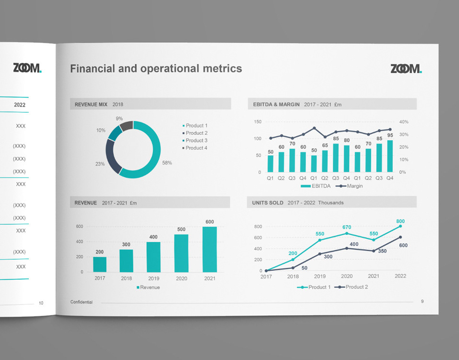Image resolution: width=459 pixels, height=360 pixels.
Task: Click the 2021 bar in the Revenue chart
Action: pos(210,249)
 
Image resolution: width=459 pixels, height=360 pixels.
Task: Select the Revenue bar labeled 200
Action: pos(100,264)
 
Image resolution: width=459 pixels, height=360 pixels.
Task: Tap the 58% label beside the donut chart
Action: pos(167,163)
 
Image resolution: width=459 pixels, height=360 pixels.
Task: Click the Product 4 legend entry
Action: pos(195,148)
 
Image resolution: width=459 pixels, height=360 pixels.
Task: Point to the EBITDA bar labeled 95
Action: pos(390,156)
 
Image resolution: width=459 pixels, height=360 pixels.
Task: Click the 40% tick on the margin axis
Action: pos(404,122)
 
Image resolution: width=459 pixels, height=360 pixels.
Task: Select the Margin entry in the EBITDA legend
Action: pos(349,186)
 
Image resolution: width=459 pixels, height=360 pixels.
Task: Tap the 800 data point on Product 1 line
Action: pos(400,226)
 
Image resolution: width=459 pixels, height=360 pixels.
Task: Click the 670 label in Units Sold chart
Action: pos(347,228)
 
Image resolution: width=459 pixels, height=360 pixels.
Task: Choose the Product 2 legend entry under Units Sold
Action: pos(351,287)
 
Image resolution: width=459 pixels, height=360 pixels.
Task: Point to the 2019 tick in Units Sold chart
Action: pos(319,276)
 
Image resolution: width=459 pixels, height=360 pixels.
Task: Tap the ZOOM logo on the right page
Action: pos(406,69)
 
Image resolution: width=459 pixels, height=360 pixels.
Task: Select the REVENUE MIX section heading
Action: pos(91,105)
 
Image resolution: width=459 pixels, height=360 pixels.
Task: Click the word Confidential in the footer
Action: pos(82,302)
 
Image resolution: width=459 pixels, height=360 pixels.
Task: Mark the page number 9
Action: pos(422,301)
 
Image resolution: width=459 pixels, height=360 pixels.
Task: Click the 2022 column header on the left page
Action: pos(20,105)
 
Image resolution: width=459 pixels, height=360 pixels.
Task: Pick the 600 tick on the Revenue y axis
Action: pos(79,227)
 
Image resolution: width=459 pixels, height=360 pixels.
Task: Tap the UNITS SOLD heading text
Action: pos(268,203)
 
